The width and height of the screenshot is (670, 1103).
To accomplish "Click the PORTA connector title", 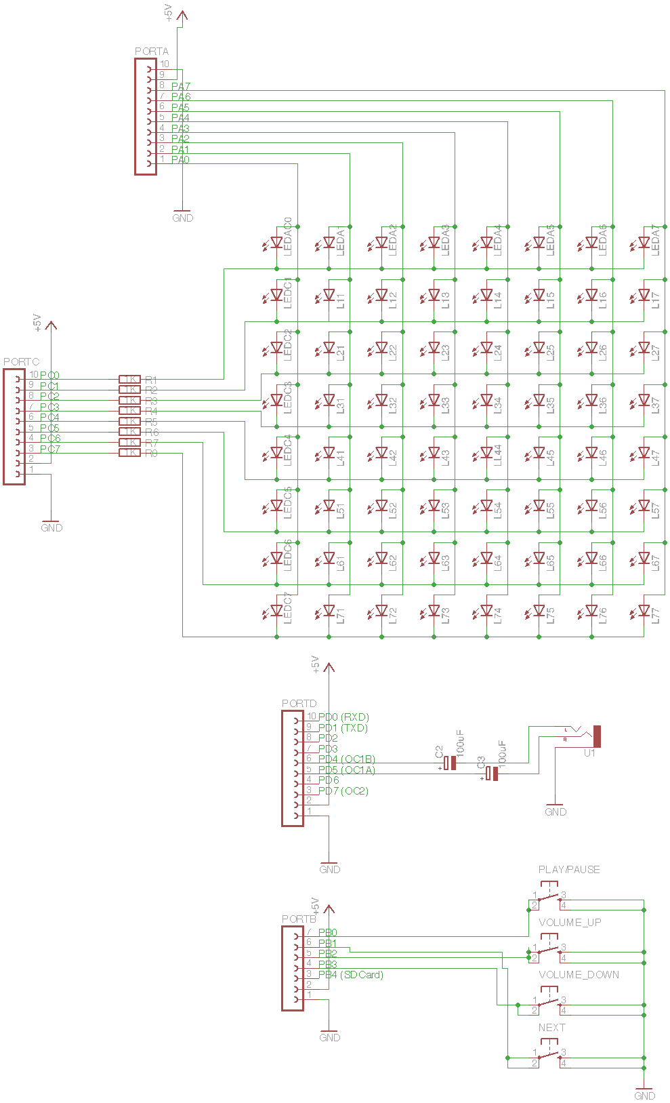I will click(x=152, y=52).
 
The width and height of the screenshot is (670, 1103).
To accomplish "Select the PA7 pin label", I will click(x=180, y=87).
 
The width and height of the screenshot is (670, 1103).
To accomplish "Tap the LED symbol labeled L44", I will click(x=486, y=452).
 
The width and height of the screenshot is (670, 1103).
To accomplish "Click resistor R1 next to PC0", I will click(x=129, y=380).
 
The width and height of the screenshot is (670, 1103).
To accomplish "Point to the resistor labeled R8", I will click(x=129, y=453).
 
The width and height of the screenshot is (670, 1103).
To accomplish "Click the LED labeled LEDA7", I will click(x=644, y=242).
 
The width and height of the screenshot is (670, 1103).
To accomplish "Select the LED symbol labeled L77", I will click(x=644, y=611).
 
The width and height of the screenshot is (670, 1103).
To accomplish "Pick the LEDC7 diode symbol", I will click(x=276, y=611).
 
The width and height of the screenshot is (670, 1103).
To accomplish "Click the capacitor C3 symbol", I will click(x=492, y=774).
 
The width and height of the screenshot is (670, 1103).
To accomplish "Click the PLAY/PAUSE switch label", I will click(x=569, y=870).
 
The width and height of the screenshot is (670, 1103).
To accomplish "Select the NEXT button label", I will click(x=551, y=1028).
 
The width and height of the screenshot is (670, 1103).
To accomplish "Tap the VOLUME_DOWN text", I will click(x=579, y=975).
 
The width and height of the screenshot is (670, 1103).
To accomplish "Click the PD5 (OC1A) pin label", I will click(x=346, y=770).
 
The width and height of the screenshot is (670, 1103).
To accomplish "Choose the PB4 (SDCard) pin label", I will click(x=350, y=975).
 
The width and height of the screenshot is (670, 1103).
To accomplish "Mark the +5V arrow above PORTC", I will click(x=51, y=325).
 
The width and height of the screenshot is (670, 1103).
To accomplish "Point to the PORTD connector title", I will click(x=299, y=704).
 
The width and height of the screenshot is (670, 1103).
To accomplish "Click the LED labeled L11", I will click(x=329, y=295).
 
